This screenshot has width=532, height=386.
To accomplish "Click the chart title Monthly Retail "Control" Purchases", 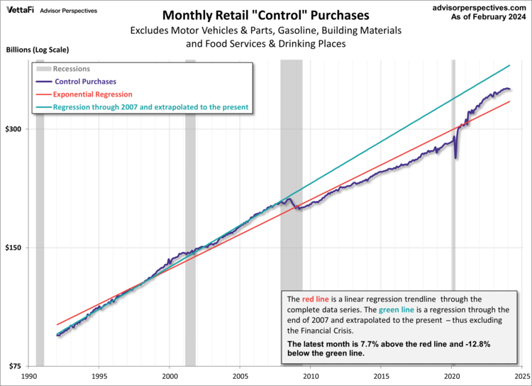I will (x=266, y=15).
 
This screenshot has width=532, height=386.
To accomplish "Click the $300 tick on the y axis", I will (x=15, y=129).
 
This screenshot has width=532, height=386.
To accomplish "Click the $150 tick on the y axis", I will (x=15, y=248).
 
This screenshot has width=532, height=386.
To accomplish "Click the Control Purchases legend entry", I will (x=85, y=82).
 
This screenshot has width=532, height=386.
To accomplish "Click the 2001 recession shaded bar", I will (x=190, y=213).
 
